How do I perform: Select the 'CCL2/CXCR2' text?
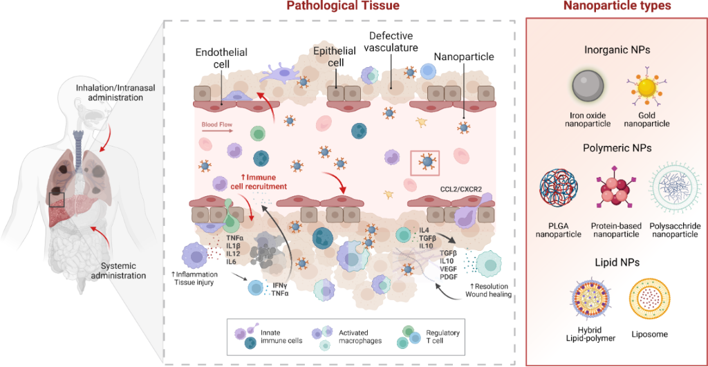[x=460, y=187]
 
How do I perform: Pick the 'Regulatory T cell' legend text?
[x=442, y=338]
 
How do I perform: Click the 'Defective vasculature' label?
[x=393, y=41]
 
